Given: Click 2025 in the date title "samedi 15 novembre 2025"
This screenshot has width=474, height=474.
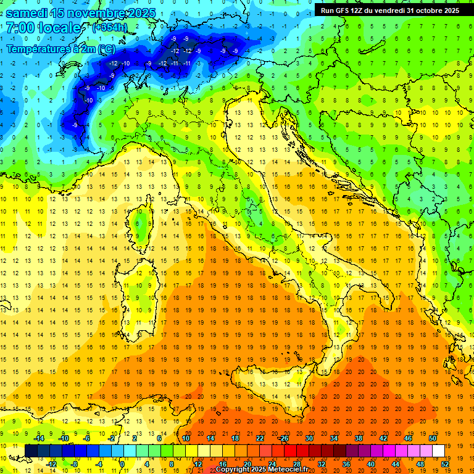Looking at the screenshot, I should [141, 13].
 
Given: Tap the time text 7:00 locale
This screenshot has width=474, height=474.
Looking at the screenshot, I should [43, 28].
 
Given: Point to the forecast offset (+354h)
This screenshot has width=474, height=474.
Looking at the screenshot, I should [110, 28].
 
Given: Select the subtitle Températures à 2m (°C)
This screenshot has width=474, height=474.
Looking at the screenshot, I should [60, 49].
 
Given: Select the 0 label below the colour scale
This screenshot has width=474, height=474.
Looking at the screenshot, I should [122, 464].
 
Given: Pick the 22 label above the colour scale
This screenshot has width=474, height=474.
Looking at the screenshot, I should [259, 438].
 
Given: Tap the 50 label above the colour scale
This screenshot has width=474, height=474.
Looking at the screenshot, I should [432, 438].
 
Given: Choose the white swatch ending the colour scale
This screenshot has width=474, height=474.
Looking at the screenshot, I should [438, 451].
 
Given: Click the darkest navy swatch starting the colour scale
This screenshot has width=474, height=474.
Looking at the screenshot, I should [31, 451].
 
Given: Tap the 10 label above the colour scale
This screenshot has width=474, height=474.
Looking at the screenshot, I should [185, 438].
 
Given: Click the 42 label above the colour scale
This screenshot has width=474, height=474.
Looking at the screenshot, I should [383, 438].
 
